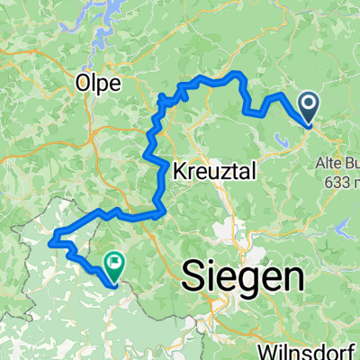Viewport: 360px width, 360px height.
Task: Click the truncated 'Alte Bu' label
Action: click(x=337, y=163)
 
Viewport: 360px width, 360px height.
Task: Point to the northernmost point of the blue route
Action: click(x=237, y=71)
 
